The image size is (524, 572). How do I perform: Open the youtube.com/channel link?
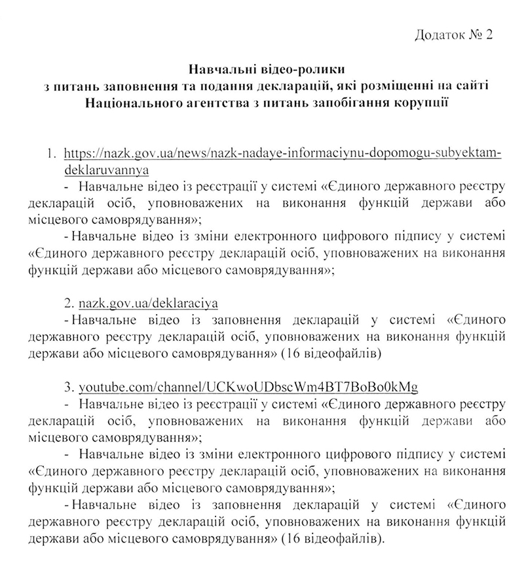(248, 384)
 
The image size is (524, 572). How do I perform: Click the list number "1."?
(53, 153)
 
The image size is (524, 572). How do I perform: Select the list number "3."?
(69, 384)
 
